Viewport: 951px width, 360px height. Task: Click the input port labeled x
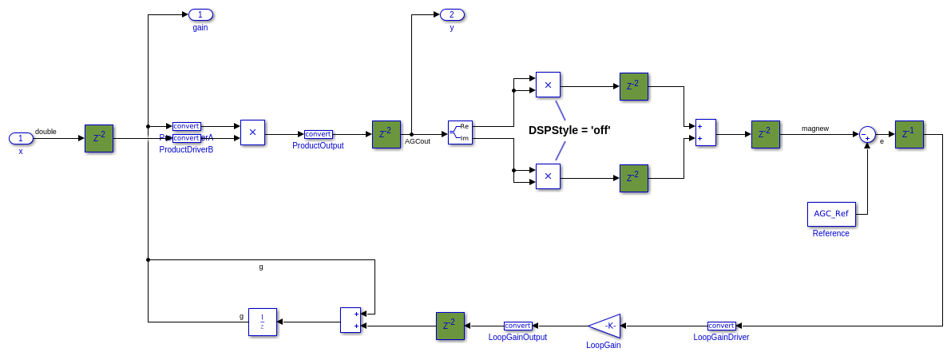pyautogui.click(x=21, y=138)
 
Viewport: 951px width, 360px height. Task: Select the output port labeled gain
pyautogui.click(x=200, y=14)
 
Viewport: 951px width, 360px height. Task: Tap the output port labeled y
pyautogui.click(x=452, y=14)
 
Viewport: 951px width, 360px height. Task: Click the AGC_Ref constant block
pyautogui.click(x=831, y=214)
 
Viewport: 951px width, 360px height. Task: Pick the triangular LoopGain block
pyautogui.click(x=605, y=326)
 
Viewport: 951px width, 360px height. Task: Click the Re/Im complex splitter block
pyautogui.click(x=460, y=133)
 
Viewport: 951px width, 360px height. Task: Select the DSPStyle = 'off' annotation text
pyautogui.click(x=569, y=130)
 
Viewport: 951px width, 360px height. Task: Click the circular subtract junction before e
pyautogui.click(x=867, y=134)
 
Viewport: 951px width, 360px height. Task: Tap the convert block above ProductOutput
pyautogui.click(x=319, y=134)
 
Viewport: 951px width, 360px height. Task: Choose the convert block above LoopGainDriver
pyautogui.click(x=721, y=326)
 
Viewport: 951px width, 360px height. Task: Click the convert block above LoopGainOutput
pyautogui.click(x=517, y=326)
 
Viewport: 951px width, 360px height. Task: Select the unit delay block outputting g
pyautogui.click(x=262, y=322)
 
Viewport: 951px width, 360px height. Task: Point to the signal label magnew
pyautogui.click(x=815, y=128)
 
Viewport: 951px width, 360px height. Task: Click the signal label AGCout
pyautogui.click(x=418, y=141)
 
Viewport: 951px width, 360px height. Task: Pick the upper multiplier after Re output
pyautogui.click(x=548, y=85)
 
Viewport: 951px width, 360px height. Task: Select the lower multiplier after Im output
pyautogui.click(x=548, y=176)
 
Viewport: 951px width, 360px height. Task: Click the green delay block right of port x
pyautogui.click(x=99, y=138)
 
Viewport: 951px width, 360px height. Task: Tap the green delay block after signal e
pyautogui.click(x=909, y=134)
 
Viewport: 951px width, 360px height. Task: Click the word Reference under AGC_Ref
pyautogui.click(x=830, y=233)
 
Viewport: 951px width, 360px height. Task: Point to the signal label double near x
pyautogui.click(x=46, y=131)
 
